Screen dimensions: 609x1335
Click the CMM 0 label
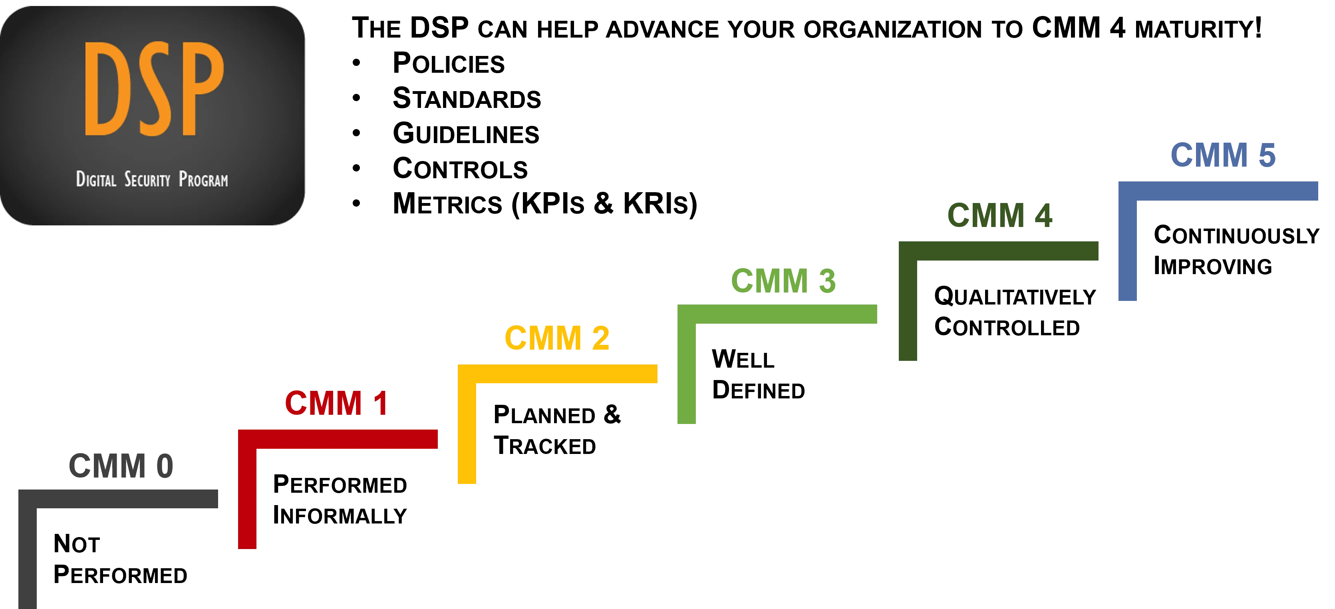[x=120, y=465]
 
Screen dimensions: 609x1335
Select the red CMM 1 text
[x=337, y=403]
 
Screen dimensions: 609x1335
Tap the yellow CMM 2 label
[x=557, y=338]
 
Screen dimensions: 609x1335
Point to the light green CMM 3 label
[x=784, y=281]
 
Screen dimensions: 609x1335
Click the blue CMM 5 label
[x=1223, y=155]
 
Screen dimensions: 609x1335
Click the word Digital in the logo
[x=96, y=179]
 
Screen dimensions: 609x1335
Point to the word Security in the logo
[x=147, y=180]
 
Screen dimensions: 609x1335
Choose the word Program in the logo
[x=203, y=180]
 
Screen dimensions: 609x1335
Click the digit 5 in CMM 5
[x=1265, y=155]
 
